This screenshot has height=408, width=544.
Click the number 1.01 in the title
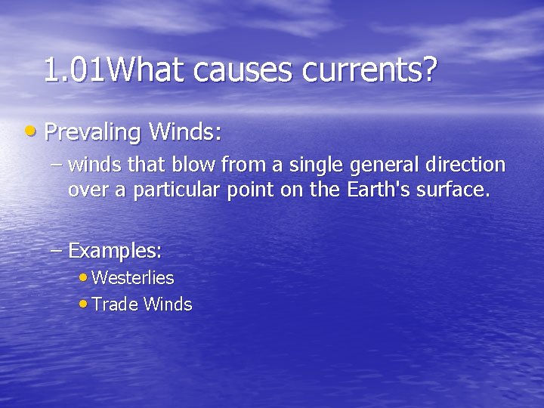[x=75, y=70]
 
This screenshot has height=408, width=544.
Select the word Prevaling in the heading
[x=93, y=134]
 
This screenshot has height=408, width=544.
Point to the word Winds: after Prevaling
[x=185, y=132]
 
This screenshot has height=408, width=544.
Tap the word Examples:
[x=116, y=249]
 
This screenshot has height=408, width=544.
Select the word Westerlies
[x=133, y=278]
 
